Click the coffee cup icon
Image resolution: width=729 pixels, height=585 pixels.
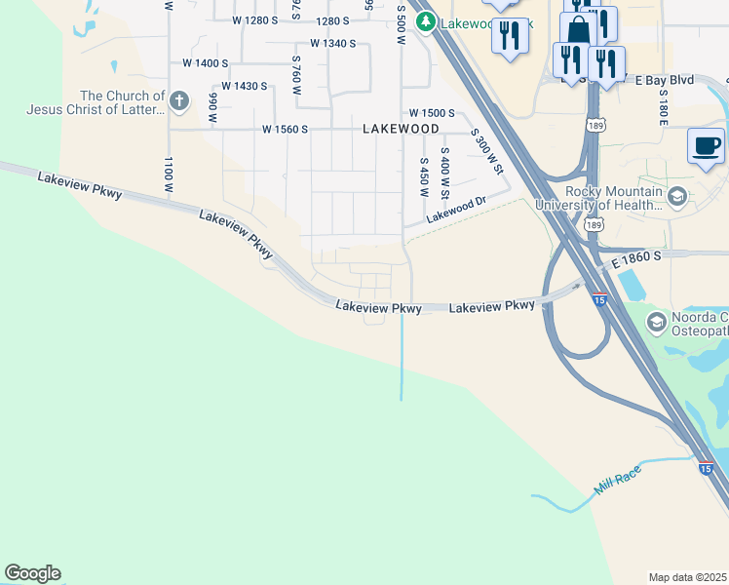706,146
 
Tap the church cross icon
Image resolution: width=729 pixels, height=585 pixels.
178,99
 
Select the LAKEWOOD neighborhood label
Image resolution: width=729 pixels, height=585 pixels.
401,129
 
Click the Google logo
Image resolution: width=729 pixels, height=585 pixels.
32,573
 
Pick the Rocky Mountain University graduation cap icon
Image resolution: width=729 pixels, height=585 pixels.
676,195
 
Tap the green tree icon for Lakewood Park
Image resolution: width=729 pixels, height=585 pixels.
424,21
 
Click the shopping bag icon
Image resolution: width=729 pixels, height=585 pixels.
578,29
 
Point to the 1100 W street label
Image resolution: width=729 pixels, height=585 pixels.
169,174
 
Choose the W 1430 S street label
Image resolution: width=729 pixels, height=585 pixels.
244,86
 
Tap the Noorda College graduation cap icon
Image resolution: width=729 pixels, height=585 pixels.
656,322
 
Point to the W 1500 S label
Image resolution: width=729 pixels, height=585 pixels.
432,113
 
